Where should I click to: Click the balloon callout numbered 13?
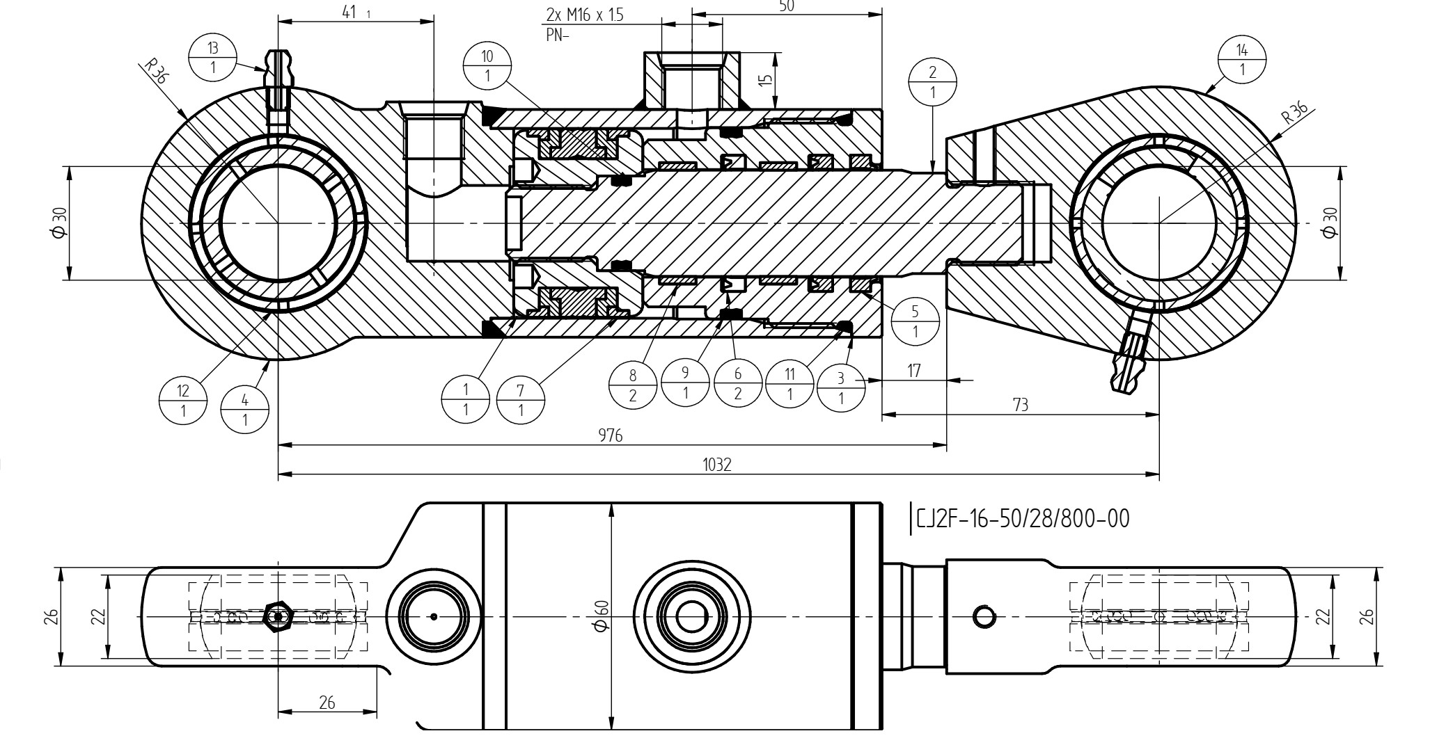tap(213, 58)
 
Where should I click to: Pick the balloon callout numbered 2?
tap(932, 82)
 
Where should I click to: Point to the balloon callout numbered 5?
tap(915, 321)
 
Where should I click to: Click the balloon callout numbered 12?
tap(183, 400)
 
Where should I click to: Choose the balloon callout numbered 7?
tap(521, 401)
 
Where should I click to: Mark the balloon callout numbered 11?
tap(789, 385)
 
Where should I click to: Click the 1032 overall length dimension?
tap(717, 465)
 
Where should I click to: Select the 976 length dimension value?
tap(611, 436)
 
